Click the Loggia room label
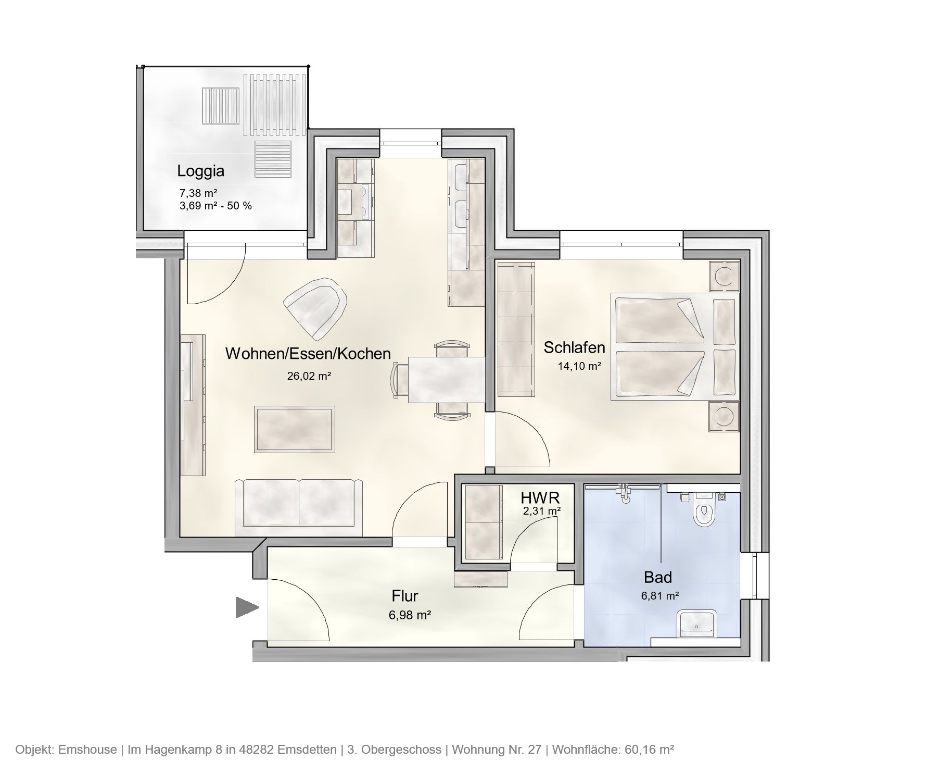click(200, 171)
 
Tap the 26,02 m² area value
click(309, 376)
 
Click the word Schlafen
click(574, 347)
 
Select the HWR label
click(540, 498)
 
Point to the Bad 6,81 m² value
click(659, 596)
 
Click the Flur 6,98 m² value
click(409, 615)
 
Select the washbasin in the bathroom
click(696, 624)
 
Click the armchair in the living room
click(316, 307)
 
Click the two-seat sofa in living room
click(299, 507)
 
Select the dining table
click(447, 380)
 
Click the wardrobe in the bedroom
click(516, 329)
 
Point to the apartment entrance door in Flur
click(299, 609)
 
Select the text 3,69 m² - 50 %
click(215, 206)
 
